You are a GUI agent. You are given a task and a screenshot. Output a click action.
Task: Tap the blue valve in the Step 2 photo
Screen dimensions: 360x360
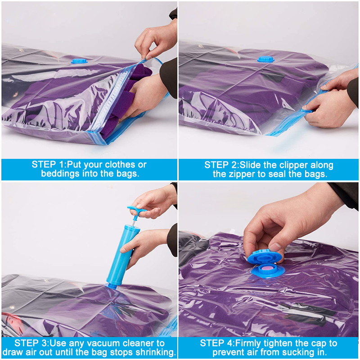[x=265, y=58]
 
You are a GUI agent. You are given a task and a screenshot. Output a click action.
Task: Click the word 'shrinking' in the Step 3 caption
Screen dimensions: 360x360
[x=155, y=352]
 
